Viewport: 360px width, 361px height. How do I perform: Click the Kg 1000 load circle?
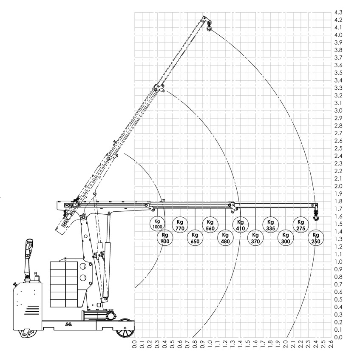157,224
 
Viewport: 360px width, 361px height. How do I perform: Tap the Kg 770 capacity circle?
180,225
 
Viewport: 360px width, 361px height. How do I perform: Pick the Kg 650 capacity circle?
195,238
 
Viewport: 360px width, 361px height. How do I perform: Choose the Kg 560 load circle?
210,225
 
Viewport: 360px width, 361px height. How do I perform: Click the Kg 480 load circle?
225,238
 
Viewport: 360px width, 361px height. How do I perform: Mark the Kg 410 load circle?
240,225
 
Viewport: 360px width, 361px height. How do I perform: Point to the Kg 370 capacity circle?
255,238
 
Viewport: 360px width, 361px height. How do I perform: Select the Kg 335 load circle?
270,225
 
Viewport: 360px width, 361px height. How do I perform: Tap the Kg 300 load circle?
286,238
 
